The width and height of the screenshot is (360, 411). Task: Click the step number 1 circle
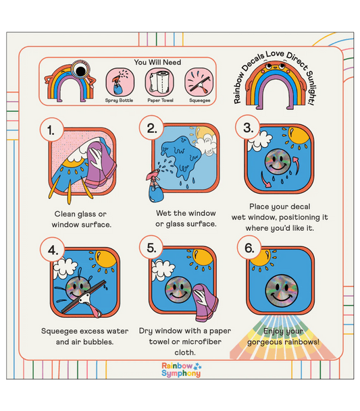(x=52, y=130)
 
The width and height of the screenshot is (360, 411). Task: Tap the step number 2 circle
(x=151, y=128)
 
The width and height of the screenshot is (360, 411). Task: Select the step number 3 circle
(x=247, y=128)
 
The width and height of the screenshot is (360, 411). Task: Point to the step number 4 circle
(x=52, y=249)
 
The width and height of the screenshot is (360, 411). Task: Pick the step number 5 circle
(x=151, y=247)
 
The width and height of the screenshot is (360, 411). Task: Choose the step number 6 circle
(x=249, y=247)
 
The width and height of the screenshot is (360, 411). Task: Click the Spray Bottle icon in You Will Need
(x=120, y=82)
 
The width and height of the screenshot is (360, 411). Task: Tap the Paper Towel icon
(x=159, y=82)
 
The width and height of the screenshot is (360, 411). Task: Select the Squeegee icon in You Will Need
(x=199, y=82)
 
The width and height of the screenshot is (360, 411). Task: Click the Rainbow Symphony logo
(x=181, y=369)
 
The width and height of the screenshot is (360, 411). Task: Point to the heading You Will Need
(x=157, y=62)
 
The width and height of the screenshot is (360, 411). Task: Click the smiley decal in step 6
(x=282, y=291)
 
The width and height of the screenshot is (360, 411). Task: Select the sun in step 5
(x=203, y=256)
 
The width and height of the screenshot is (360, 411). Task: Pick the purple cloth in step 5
(x=205, y=302)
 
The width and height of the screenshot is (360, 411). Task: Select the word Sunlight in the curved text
(x=310, y=87)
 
